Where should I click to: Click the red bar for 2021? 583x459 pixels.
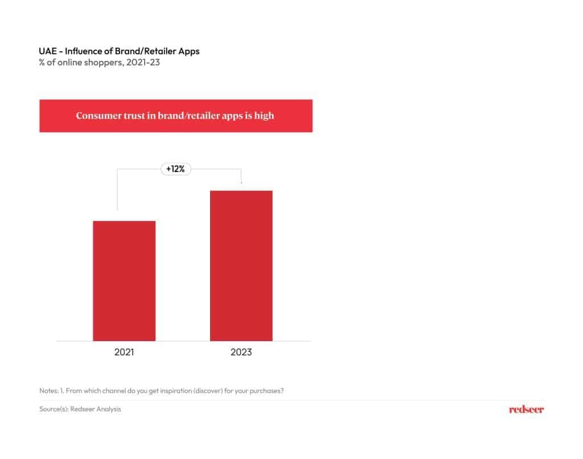124,281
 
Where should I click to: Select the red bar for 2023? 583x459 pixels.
241,265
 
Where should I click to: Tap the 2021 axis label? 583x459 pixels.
124,353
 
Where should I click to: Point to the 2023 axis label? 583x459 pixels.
241,353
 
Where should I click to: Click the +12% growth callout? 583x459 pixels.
176,169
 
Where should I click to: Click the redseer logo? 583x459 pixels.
526,409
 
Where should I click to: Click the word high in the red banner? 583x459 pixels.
264,116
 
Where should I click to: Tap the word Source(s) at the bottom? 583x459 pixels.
53,409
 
